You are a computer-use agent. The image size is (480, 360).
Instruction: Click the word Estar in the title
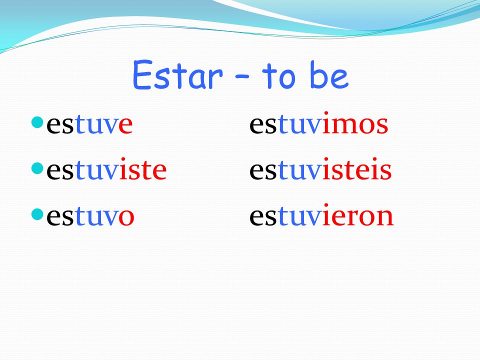[177, 75]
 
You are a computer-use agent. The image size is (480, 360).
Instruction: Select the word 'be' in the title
[329, 74]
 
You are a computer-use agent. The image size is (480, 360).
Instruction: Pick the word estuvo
[90, 216]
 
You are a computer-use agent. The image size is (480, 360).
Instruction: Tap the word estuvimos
[318, 123]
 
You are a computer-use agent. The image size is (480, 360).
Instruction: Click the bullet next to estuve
[37, 122]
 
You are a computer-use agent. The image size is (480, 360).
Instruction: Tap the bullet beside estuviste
[37, 168]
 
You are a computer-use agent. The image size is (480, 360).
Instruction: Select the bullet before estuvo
[37, 214]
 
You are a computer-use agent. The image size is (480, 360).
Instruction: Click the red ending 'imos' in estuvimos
[355, 123]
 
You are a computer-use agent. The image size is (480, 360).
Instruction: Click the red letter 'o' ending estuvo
[126, 217]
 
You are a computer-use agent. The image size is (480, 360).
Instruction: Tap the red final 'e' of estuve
[125, 125]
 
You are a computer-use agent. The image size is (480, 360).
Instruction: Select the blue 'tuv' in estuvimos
[299, 124]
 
